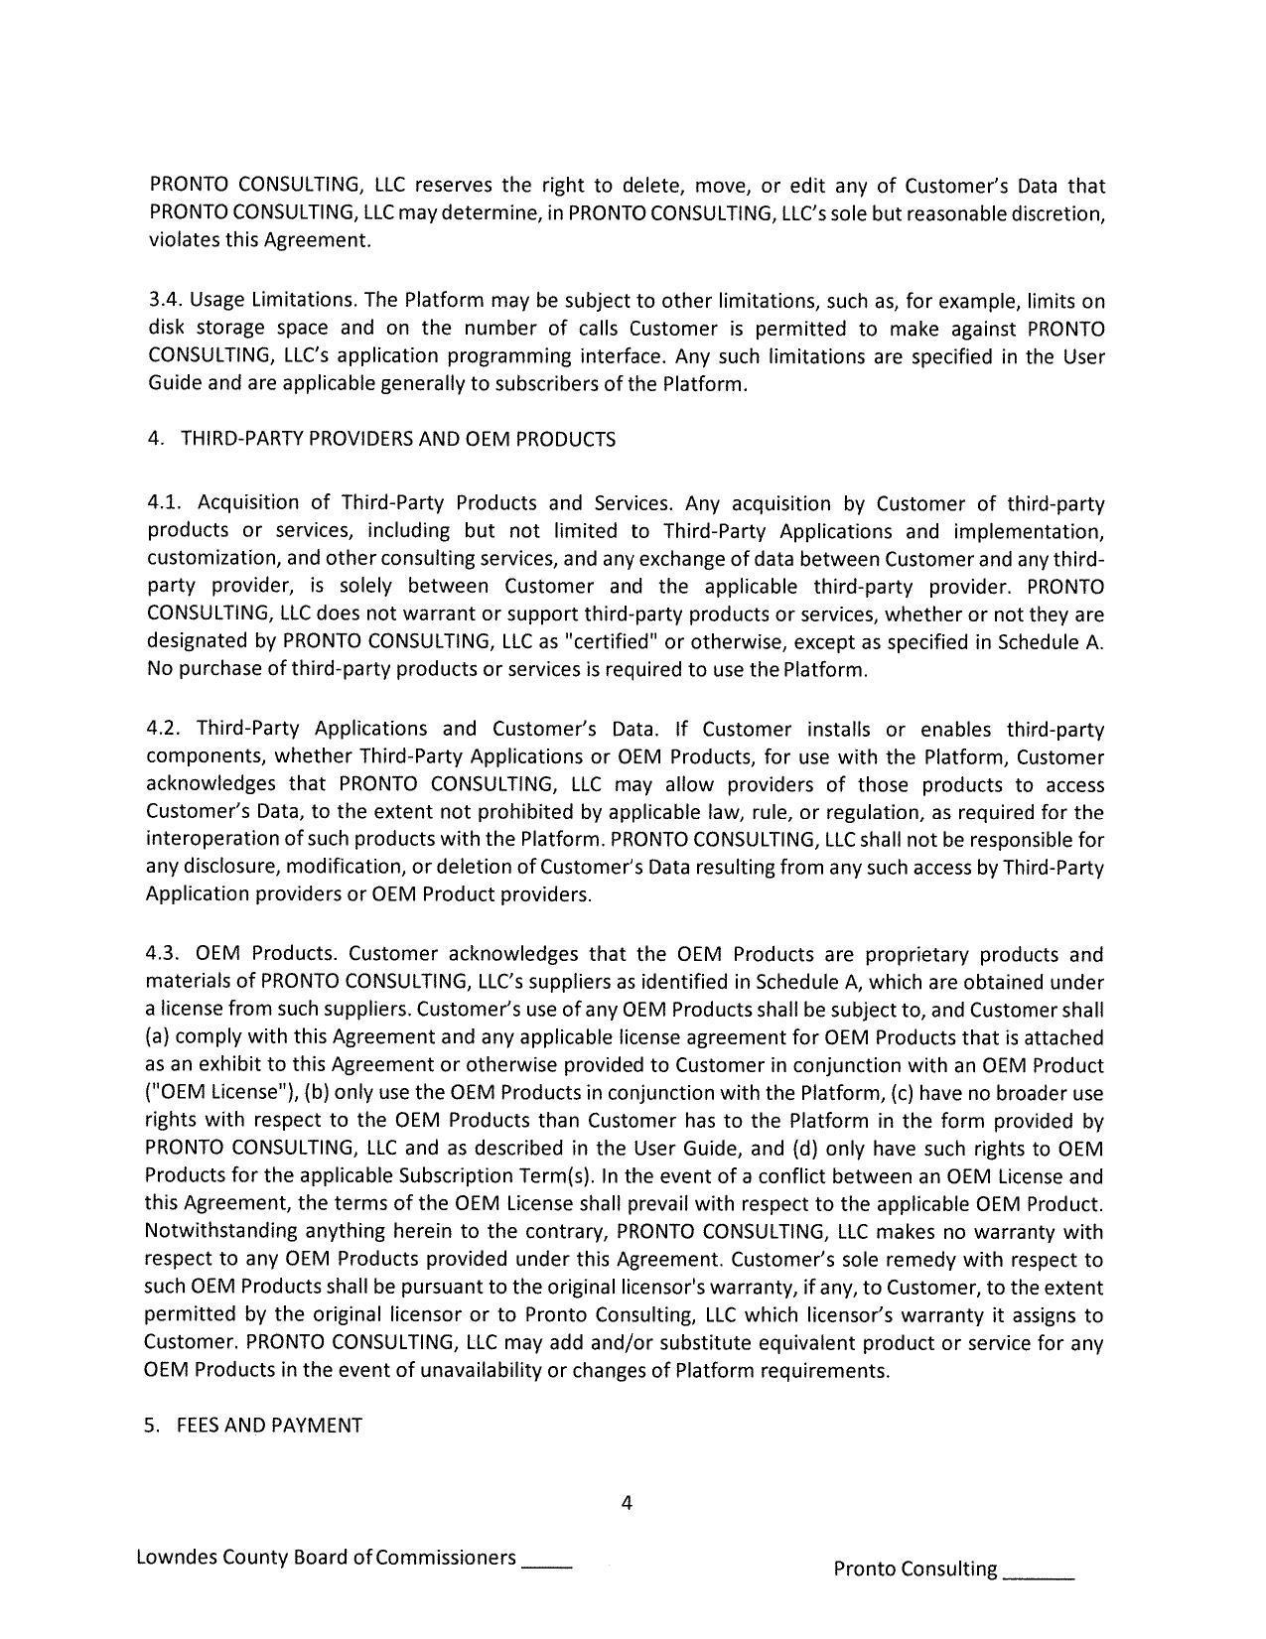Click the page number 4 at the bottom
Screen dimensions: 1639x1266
click(x=627, y=1502)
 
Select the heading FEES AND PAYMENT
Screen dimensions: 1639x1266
click(x=269, y=1426)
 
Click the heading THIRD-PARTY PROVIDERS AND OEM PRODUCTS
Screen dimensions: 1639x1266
click(x=397, y=439)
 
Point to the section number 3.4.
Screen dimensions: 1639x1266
click(x=165, y=301)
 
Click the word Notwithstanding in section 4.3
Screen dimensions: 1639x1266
click(x=219, y=1232)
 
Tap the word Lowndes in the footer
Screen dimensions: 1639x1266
click(x=174, y=1557)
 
